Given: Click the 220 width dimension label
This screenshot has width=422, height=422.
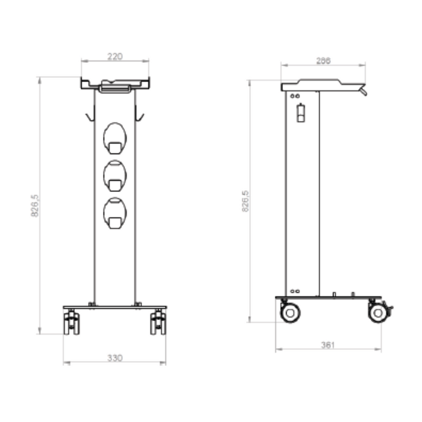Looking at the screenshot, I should coord(114,56).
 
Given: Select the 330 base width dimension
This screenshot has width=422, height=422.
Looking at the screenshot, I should coord(114,358).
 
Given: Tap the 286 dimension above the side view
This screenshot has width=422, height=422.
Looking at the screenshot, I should coord(323,61).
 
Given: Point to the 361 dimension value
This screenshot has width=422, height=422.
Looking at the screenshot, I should coord(328,345).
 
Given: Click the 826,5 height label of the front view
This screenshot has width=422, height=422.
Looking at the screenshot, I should coord(35,205).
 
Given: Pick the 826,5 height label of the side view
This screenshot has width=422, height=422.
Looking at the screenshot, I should coord(245,201).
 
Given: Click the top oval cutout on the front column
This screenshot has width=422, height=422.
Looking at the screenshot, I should coord(114,136).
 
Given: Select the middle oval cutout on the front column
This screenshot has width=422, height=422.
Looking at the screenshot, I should coord(114,174).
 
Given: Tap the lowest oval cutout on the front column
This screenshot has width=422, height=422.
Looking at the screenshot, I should coord(114,213).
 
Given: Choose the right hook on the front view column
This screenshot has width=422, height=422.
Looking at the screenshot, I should coord(140,114).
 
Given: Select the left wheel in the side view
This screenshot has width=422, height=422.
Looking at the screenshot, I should coord(290,313).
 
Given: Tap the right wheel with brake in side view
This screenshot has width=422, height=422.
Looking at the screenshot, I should coord(378,313).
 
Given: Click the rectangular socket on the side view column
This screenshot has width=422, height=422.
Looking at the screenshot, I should coord(301,113).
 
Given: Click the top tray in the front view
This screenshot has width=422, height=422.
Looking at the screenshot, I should coord(114,84).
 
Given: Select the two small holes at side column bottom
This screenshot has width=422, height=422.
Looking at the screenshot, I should coord(295,291).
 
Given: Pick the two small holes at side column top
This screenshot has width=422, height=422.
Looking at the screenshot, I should coord(295,96).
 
